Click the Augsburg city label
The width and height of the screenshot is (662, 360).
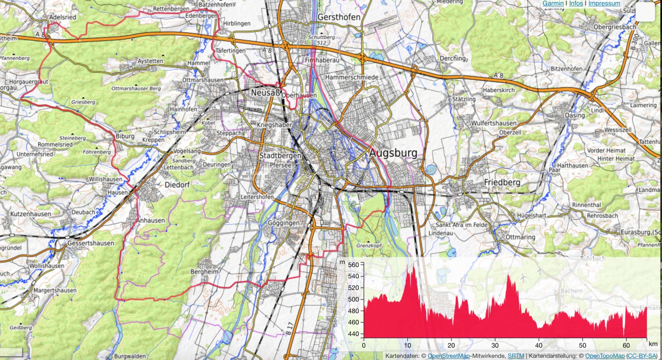(x=393, y=153)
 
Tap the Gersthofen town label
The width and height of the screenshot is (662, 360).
(x=339, y=17)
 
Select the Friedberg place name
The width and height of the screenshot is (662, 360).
(x=502, y=182)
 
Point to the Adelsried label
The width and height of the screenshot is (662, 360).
(x=63, y=17)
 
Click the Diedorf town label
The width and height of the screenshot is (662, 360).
(x=177, y=185)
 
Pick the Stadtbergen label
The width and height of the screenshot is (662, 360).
(x=280, y=156)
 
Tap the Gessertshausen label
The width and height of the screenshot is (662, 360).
(x=90, y=243)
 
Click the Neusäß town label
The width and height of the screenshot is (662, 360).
(x=265, y=93)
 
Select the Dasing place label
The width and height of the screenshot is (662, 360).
(x=575, y=115)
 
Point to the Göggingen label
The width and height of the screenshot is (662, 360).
(x=284, y=223)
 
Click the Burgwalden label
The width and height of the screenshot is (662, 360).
(x=130, y=356)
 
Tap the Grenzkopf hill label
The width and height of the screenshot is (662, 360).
(x=369, y=245)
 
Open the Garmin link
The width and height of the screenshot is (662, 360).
(x=553, y=3)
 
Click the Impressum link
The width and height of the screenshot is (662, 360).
(x=604, y=3)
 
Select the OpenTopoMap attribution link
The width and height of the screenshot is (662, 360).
(x=605, y=356)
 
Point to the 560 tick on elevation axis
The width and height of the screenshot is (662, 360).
(x=354, y=265)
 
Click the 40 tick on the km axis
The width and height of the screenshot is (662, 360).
(x=539, y=345)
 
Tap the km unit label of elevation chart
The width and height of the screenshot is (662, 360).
(x=653, y=344)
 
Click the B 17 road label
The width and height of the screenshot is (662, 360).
(x=289, y=327)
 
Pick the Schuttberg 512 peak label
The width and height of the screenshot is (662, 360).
(x=322, y=40)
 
